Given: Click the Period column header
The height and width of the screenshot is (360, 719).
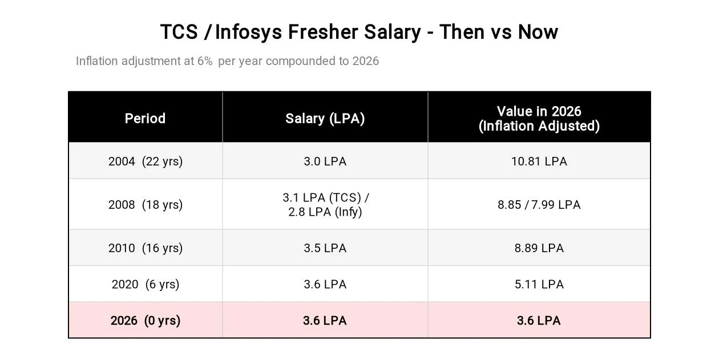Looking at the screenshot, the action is [145, 119].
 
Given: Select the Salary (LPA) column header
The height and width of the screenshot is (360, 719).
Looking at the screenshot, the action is [325, 119].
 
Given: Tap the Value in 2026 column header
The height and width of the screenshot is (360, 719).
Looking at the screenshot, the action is [539, 119].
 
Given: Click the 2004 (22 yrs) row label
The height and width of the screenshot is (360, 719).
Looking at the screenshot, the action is [146, 161].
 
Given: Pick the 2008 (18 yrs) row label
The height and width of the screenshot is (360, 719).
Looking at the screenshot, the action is [146, 205].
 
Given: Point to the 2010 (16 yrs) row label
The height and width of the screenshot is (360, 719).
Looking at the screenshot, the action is [146, 248].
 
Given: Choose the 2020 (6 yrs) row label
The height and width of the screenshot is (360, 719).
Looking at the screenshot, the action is [146, 284].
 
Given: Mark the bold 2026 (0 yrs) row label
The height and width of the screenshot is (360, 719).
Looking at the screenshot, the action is [146, 321].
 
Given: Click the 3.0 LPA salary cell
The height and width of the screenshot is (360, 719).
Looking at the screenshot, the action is [325, 161].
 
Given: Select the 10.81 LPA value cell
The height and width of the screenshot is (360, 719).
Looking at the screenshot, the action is [539, 161].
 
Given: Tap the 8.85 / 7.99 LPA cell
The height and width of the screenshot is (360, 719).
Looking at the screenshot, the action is [539, 205].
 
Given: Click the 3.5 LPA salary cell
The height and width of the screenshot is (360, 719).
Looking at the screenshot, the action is [325, 248].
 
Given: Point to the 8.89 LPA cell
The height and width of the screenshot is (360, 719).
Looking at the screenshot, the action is [539, 248].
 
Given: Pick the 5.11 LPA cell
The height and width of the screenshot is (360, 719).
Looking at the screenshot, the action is [539, 284].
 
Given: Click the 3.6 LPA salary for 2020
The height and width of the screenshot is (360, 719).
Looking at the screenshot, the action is [325, 284].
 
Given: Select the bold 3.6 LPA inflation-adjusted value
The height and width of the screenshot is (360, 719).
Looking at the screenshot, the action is [539, 321].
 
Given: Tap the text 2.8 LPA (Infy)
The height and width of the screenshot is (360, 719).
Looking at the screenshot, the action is [325, 212].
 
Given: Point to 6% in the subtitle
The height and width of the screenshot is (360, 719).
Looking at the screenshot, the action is [205, 61].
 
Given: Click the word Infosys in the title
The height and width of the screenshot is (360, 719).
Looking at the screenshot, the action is [248, 33].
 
